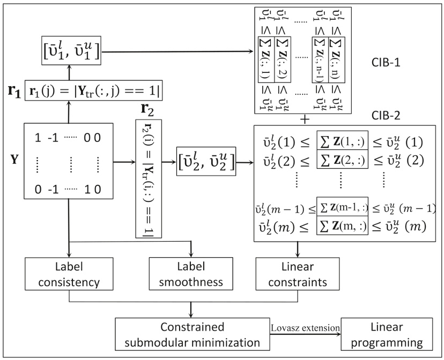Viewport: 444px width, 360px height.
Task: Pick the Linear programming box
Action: (386, 334)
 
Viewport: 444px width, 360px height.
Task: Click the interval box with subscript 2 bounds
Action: (206, 159)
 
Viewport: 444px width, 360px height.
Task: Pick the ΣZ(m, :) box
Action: (342, 227)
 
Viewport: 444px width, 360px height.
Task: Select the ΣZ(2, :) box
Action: (342, 159)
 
